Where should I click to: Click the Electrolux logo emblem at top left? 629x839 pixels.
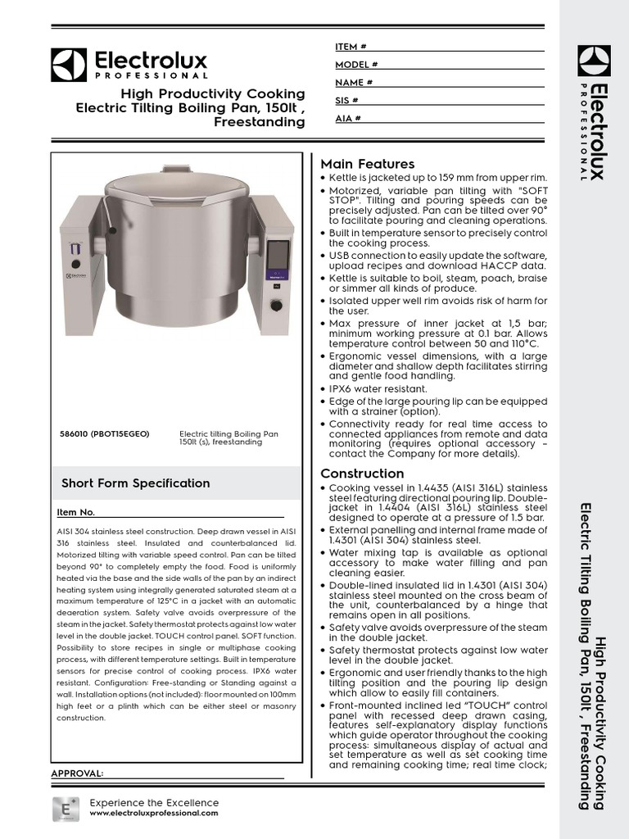pos(68,65)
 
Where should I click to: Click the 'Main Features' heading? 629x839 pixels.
pos(367,164)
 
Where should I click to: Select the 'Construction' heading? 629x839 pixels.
pos(362,474)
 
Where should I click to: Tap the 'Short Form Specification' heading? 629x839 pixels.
pos(135,483)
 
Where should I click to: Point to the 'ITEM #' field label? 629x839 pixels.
pos(351,47)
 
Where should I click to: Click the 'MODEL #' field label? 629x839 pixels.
pos(356,65)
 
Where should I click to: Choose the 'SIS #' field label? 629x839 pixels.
pos(346,101)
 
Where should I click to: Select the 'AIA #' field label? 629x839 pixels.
pos(348,119)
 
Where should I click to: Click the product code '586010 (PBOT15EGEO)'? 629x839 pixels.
pos(105,433)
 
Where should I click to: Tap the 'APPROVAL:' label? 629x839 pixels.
pos(77,773)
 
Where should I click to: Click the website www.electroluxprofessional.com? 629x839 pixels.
pos(153,813)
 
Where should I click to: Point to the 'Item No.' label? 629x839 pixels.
pos(75,512)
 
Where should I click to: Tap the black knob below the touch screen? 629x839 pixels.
pos(276,306)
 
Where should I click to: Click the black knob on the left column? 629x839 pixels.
pos(75,264)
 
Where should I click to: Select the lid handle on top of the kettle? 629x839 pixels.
pos(176,170)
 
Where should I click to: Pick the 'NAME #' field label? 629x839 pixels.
pos(354,83)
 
